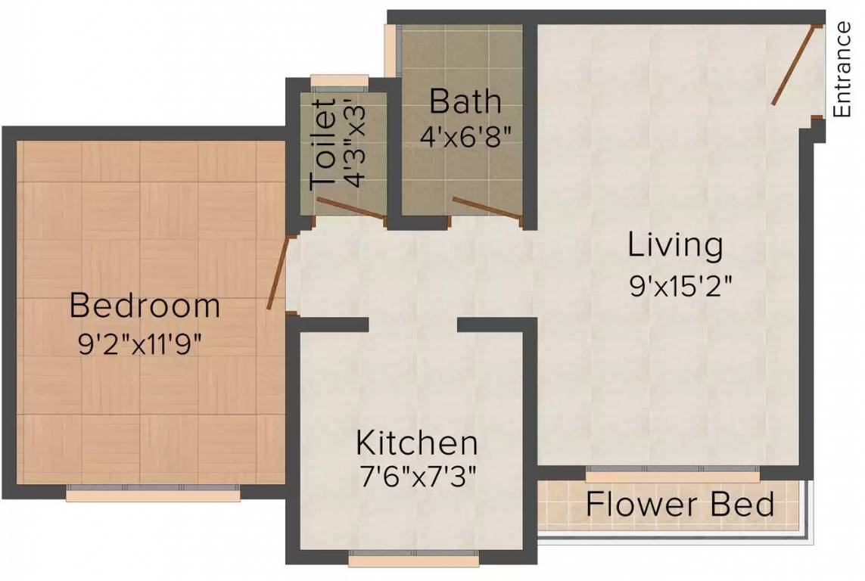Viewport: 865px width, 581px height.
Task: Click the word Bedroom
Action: (x=145, y=306)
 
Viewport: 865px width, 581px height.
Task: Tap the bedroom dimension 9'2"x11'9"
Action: (x=139, y=346)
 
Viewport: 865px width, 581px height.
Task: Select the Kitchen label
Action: (x=416, y=442)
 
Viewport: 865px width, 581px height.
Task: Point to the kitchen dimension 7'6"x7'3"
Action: (x=417, y=477)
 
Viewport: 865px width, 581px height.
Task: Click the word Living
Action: (x=675, y=245)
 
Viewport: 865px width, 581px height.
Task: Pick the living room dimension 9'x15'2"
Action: (x=681, y=286)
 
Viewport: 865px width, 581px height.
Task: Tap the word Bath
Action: (x=465, y=101)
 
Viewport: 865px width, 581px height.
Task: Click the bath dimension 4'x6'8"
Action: (x=465, y=135)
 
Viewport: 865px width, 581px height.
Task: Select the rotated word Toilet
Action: (x=323, y=144)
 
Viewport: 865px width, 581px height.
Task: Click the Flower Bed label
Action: (x=680, y=504)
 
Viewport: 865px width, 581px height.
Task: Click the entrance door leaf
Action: (x=793, y=65)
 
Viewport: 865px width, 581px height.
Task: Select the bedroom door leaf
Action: (x=278, y=272)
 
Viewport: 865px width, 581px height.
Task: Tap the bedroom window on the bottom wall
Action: (x=153, y=492)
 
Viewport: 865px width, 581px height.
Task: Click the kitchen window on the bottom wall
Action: (x=414, y=558)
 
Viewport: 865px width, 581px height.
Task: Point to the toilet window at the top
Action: (x=339, y=82)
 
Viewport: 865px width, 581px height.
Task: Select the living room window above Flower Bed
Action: (x=673, y=473)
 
